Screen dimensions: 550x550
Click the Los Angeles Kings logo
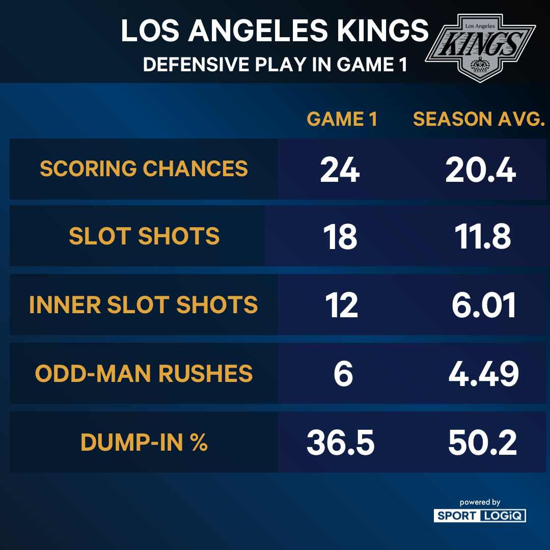480,46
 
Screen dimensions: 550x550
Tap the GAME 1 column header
342,119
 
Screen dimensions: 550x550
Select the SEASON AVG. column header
479,119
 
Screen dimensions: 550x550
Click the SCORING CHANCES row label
144,169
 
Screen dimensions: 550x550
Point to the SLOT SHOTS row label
144,236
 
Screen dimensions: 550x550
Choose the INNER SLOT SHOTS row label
144,305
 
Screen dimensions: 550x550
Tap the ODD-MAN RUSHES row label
144,374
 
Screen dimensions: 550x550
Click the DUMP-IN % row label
144,443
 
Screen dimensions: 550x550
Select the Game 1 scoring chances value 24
340,170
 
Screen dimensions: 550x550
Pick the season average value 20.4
480,170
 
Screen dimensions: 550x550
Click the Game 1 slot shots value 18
340,237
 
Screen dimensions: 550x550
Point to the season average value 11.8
480,237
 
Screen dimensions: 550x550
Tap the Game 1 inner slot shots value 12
341,306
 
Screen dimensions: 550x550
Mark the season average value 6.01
483,306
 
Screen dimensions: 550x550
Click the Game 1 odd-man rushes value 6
343,374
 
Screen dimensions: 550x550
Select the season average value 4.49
483,374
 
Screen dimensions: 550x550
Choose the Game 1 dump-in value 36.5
340,443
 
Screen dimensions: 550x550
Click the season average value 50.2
482,443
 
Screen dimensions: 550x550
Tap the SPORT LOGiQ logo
480,515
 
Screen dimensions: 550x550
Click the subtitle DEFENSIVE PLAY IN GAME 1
275,65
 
